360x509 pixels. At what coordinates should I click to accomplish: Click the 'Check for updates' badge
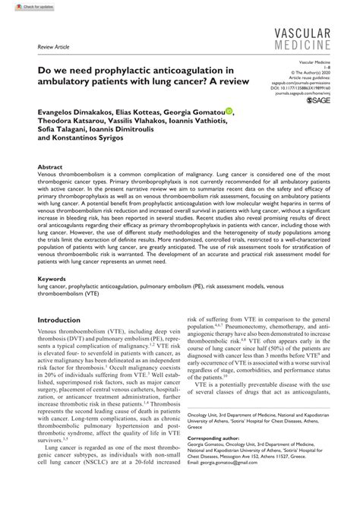coord(22,5)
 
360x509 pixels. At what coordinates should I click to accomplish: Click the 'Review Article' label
coord(43,46)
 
